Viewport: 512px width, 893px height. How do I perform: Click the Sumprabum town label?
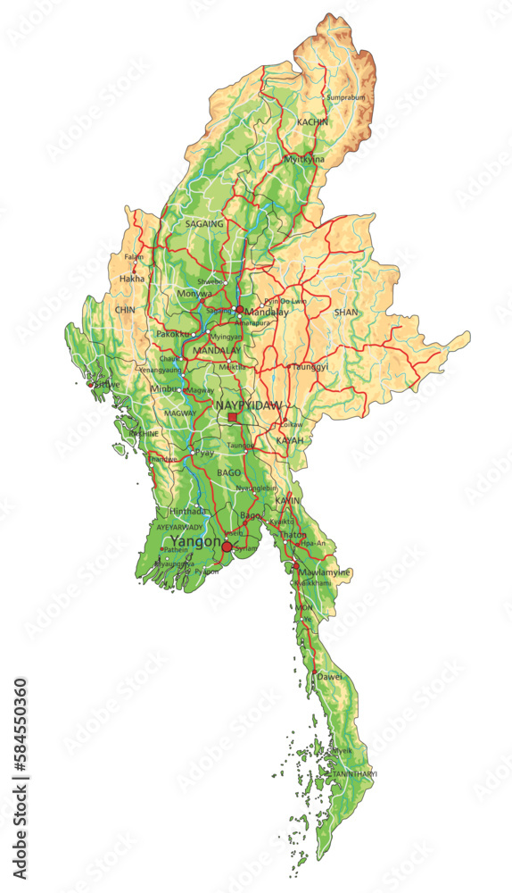346,97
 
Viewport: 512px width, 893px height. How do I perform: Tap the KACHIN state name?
312,121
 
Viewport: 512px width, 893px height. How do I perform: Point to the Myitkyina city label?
303,159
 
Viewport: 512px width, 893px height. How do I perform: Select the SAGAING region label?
204,224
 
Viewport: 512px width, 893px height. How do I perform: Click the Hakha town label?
130,279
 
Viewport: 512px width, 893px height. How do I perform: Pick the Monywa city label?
194,293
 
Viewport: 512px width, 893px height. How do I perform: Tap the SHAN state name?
345,313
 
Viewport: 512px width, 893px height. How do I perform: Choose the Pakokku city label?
173,334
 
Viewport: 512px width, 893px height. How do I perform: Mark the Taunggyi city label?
310,367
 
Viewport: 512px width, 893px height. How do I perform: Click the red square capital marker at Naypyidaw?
233,417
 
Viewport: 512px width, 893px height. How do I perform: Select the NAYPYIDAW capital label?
249,405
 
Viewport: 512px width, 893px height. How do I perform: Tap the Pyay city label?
204,454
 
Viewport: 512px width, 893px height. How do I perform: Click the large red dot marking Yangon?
227,547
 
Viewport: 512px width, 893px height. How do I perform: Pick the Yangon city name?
194,540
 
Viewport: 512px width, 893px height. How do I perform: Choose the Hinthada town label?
187,512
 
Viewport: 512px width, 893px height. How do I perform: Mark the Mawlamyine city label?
325,572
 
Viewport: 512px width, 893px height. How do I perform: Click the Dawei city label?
329,677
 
